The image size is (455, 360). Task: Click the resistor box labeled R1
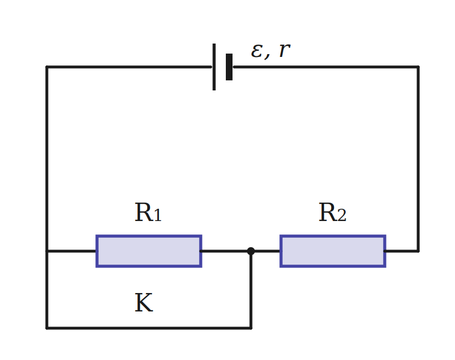click(149, 251)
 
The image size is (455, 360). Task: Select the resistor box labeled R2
click(333, 251)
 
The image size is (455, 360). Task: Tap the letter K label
click(144, 303)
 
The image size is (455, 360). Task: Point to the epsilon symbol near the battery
click(257, 51)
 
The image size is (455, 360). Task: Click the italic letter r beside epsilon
click(284, 50)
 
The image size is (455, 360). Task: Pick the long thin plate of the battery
click(214, 67)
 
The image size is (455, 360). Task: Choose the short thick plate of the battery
click(229, 67)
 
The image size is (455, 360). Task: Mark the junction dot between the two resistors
click(251, 251)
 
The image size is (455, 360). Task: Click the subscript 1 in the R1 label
click(158, 215)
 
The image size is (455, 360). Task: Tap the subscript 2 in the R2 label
click(342, 215)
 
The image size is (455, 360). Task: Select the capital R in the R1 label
click(144, 212)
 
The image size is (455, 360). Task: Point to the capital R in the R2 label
click(328, 212)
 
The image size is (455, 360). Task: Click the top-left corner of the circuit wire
click(47, 67)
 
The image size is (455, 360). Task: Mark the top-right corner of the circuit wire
click(418, 67)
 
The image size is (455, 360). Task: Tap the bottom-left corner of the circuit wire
click(47, 328)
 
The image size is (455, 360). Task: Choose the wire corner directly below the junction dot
click(251, 328)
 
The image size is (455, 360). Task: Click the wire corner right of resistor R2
click(418, 251)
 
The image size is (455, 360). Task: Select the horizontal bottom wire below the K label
click(149, 328)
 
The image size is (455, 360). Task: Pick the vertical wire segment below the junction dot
click(251, 290)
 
